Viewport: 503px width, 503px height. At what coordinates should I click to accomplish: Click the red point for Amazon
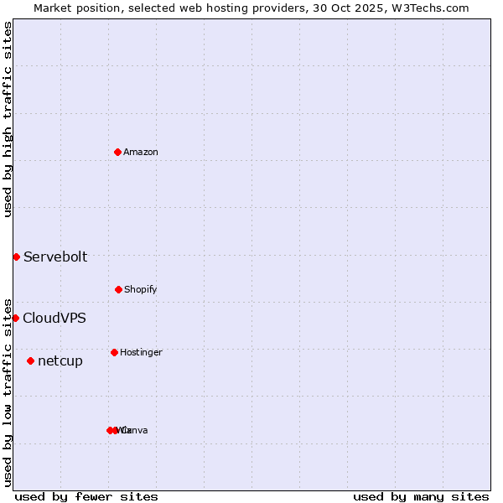pyautogui.click(x=117, y=152)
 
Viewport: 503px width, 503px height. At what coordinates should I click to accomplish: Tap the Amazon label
pyautogui.click(x=141, y=152)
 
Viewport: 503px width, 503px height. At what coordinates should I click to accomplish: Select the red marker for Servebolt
pyautogui.click(x=16, y=257)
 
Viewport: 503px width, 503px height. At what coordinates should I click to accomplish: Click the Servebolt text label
pyautogui.click(x=55, y=257)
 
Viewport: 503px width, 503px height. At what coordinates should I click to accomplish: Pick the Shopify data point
pyautogui.click(x=118, y=289)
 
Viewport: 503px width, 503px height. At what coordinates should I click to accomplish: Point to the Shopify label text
pyautogui.click(x=141, y=289)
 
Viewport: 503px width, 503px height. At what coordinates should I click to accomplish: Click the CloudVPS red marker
pyautogui.click(x=15, y=318)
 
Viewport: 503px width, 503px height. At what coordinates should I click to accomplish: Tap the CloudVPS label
pyautogui.click(x=54, y=318)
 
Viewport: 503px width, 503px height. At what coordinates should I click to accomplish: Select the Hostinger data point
pyautogui.click(x=114, y=352)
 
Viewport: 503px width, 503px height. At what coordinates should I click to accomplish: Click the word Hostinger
pyautogui.click(x=141, y=352)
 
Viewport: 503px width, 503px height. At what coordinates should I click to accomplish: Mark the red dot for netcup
pyautogui.click(x=30, y=360)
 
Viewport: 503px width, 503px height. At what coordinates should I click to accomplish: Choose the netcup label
pyautogui.click(x=60, y=361)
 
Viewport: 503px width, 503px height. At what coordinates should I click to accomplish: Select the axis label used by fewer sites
pyautogui.click(x=86, y=496)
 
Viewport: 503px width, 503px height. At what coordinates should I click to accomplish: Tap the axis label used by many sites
pyautogui.click(x=421, y=496)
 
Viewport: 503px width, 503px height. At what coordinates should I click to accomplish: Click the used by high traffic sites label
pyautogui.click(x=8, y=119)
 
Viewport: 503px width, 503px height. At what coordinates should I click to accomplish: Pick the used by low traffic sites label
pyautogui.click(x=8, y=392)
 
